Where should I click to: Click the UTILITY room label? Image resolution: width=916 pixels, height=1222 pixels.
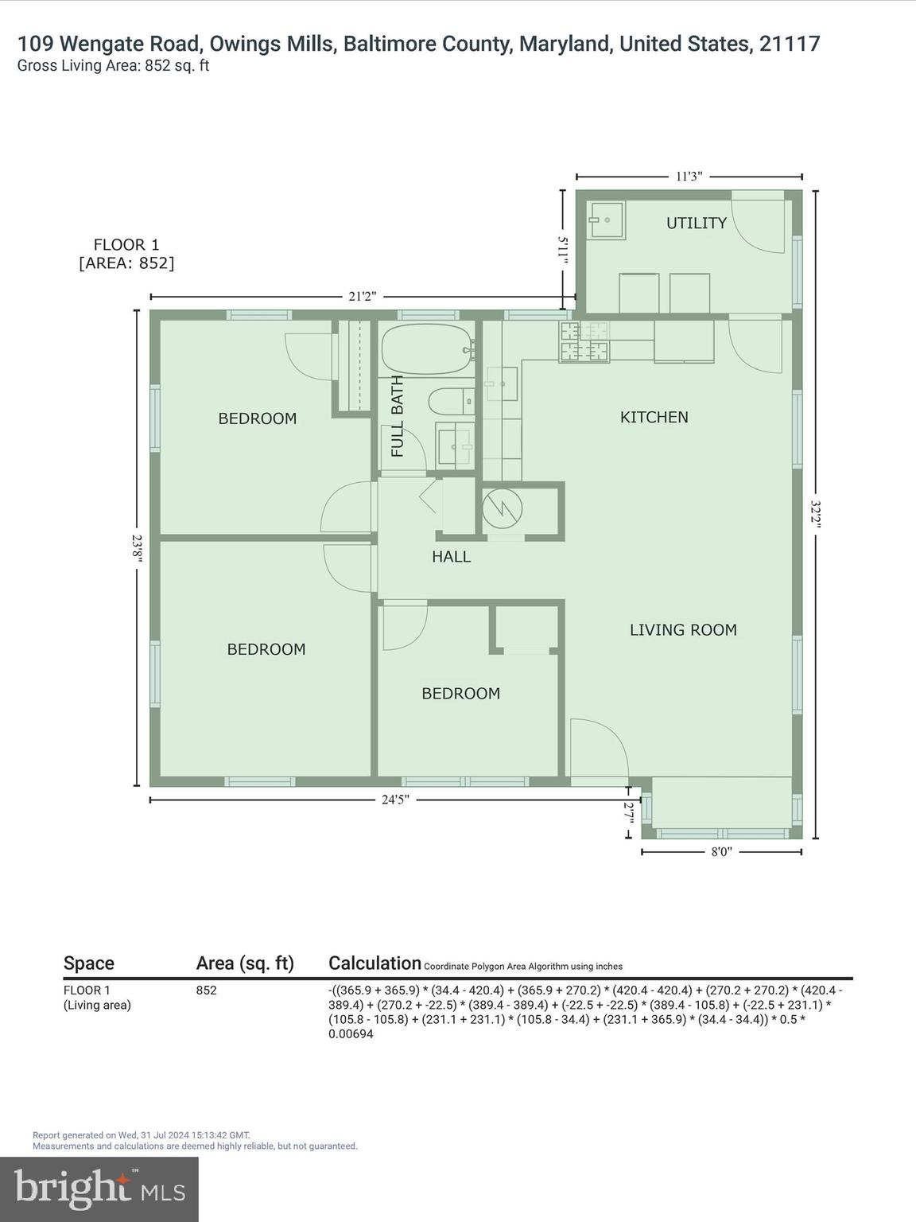tap(696, 223)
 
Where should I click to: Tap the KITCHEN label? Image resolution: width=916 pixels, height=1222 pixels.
tap(654, 417)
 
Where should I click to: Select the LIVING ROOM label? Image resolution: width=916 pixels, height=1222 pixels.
tap(683, 630)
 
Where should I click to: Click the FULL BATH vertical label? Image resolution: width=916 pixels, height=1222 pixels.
tap(398, 415)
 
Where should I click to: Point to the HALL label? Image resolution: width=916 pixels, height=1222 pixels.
tap(451, 557)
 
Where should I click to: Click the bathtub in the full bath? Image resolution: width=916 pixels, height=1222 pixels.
tap(426, 349)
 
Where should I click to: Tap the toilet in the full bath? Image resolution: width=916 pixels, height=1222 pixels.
tap(449, 401)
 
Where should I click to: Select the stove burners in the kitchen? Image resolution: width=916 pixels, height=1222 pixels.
tap(584, 342)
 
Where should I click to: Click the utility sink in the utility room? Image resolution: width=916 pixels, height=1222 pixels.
tap(606, 219)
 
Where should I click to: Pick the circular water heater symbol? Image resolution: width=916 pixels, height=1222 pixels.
tap(503, 508)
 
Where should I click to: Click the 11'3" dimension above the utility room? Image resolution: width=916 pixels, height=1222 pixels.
tap(689, 177)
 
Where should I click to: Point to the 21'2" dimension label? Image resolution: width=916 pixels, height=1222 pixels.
tap(362, 297)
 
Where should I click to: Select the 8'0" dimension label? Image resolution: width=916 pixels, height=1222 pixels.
tap(720, 851)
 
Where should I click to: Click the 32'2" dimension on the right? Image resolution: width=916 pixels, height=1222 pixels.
tap(816, 514)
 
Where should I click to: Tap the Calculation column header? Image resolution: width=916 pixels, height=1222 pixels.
tap(375, 963)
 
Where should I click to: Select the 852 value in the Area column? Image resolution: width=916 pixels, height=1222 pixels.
tap(206, 990)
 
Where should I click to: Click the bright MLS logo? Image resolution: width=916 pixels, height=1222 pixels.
tap(99, 1189)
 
